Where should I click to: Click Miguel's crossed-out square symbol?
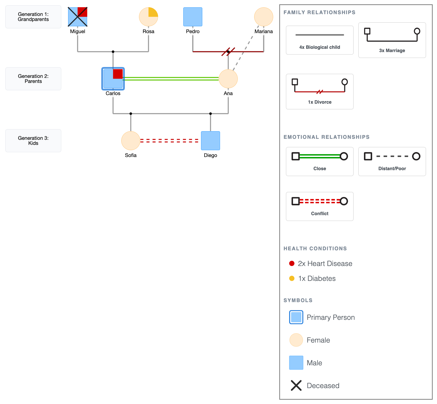coord(77,17)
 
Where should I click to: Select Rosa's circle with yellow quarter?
coord(148,17)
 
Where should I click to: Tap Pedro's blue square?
coord(193,17)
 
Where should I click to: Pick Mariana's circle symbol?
coord(264,17)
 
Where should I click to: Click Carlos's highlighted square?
coord(113,79)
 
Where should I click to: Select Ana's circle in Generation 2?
coord(228,79)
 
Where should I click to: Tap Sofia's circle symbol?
coord(131,141)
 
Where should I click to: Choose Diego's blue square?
coord(210,141)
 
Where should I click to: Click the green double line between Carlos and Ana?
coord(171,79)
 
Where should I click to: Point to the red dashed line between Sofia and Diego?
coord(170,141)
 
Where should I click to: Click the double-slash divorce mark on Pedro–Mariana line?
coord(228,52)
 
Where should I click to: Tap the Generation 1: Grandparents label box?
coord(33,17)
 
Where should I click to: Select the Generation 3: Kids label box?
coord(33,141)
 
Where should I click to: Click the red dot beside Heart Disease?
coord(292,263)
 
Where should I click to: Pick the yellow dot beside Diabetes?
coord(292,278)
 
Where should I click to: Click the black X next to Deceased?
coord(296,386)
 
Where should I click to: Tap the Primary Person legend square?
coord(296,317)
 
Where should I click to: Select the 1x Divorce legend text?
coord(320,102)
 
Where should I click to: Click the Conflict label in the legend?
coord(320,214)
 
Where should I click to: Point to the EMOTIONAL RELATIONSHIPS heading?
coord(326,137)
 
